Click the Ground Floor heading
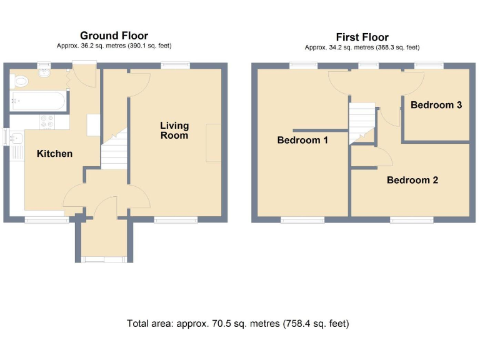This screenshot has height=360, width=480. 114,36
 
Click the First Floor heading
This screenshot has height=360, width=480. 362,37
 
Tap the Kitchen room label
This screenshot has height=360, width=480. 54,154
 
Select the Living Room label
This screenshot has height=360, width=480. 174,131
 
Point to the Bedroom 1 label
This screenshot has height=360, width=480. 302,141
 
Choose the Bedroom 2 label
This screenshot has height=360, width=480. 412,181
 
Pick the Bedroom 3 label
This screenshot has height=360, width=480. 436,105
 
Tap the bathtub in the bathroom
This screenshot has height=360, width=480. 36,101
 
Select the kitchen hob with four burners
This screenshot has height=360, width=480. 47,122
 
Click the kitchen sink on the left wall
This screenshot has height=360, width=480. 16,138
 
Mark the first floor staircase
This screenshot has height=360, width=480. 361,122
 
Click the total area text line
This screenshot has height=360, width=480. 237,324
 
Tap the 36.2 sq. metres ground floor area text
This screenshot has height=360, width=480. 113,46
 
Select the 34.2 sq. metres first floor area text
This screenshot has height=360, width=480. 362,47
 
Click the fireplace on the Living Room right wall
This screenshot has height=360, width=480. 214,143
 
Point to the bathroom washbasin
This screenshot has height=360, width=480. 44,74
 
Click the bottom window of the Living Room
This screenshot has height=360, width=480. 176,220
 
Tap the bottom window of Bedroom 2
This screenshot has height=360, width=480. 412,220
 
